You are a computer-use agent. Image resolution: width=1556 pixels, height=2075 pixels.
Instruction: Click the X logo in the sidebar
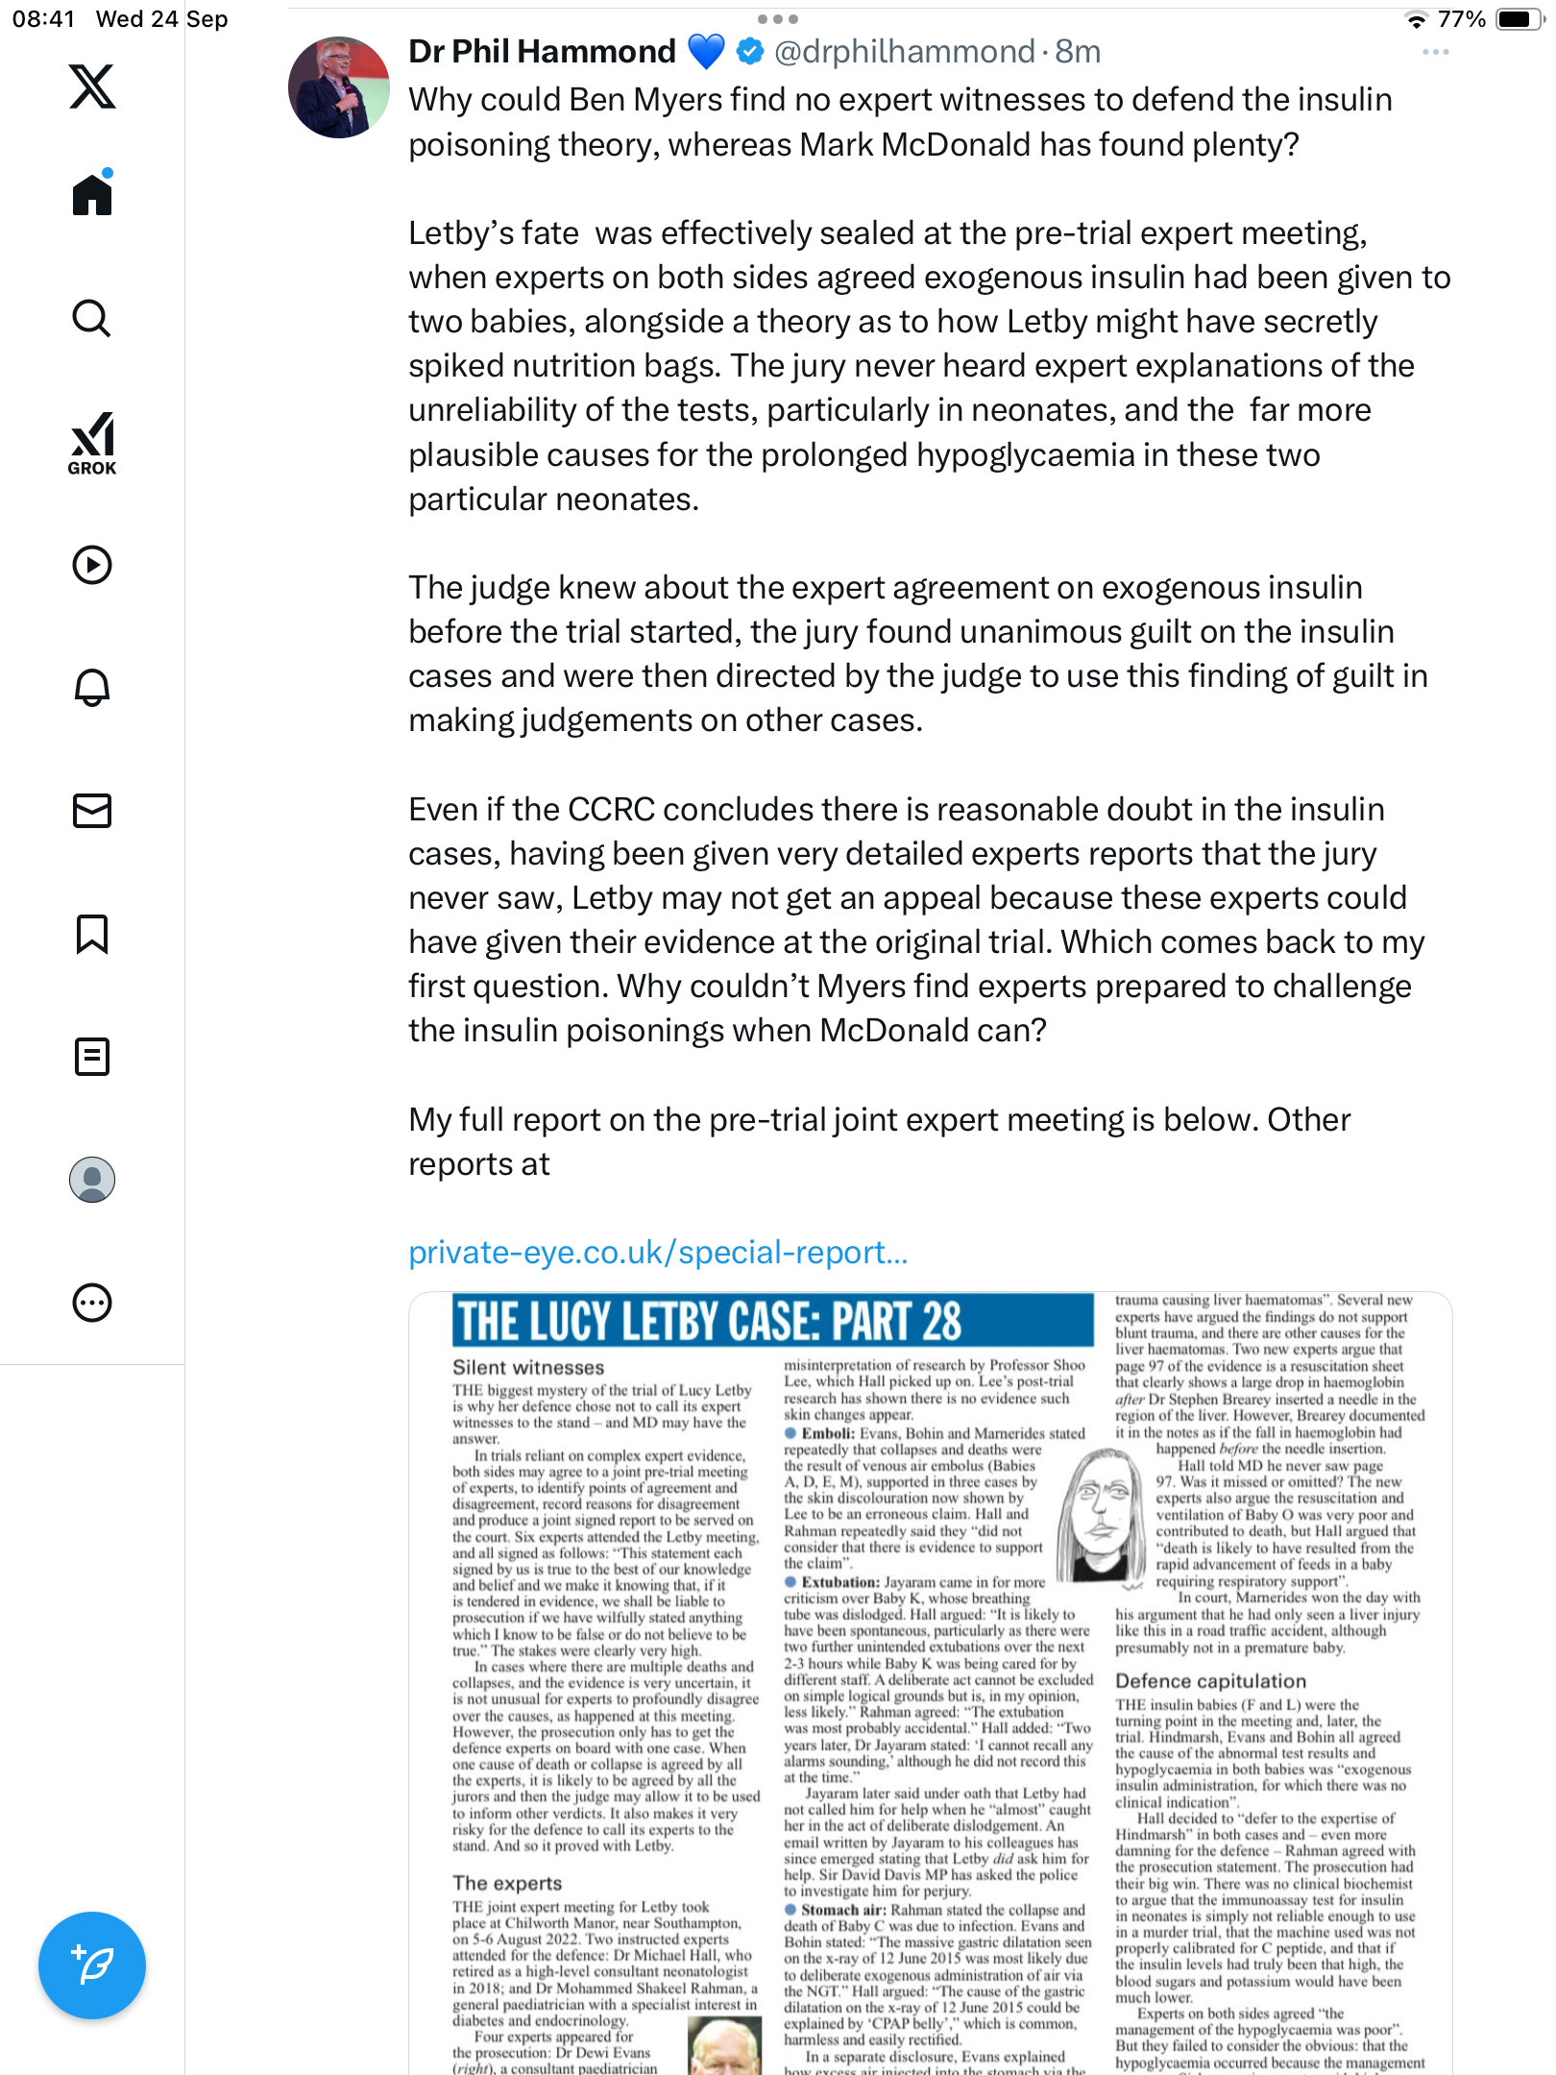92,86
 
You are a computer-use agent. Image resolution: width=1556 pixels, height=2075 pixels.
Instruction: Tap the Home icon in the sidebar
92,194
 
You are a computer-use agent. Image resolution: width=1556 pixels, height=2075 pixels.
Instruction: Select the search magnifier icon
92,318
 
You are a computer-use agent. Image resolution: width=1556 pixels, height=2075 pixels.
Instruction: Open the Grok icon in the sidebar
92,443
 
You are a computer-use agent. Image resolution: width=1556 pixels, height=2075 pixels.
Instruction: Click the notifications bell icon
92,688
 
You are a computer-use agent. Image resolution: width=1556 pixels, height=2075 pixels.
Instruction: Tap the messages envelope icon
92,811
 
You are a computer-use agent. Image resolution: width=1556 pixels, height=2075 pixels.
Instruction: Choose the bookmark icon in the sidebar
92,934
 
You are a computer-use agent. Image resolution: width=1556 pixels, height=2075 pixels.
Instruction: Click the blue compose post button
92,1965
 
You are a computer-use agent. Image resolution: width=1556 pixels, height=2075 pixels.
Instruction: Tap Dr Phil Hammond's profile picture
338,87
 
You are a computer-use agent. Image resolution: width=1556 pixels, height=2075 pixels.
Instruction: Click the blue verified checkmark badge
750,51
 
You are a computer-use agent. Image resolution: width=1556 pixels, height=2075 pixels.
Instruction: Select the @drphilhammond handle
904,51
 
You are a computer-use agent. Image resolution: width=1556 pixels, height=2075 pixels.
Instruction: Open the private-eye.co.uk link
658,1253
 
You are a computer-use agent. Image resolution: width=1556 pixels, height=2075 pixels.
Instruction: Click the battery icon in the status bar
1519,19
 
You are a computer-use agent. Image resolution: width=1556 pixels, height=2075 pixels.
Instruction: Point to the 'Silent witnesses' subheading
528,1367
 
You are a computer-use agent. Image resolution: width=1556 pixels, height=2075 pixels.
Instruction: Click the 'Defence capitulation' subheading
1210,1681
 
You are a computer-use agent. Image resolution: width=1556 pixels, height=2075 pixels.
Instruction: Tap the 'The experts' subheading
507,1883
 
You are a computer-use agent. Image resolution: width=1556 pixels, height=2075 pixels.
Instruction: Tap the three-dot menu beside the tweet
1435,52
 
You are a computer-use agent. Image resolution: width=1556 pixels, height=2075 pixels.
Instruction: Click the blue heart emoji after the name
706,51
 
